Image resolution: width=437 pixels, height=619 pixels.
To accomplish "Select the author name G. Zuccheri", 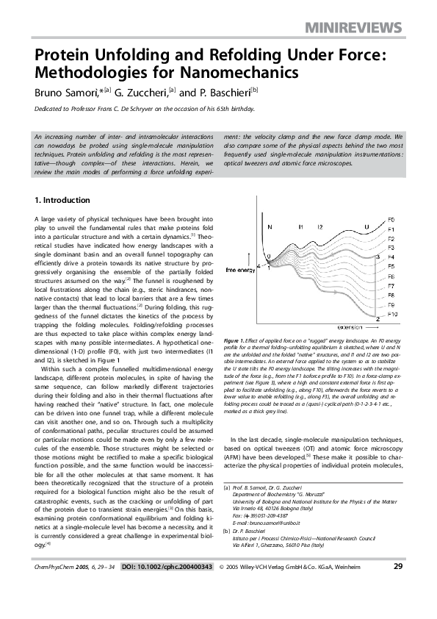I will pos(140,93).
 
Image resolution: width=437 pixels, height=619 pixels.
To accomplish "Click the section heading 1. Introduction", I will pos(62,201).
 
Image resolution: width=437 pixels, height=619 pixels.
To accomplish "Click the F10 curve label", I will pos(393,314).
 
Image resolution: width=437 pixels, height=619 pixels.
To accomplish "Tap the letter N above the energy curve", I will pos(270,227).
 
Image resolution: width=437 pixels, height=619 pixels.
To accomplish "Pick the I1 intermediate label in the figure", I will pos(301,227).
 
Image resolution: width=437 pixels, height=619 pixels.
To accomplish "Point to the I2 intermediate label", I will pos(319,227).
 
